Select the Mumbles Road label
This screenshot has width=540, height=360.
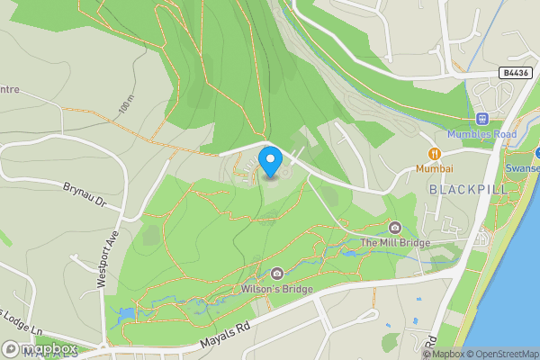coord(481,135)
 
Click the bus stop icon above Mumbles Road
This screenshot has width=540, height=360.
coord(481,119)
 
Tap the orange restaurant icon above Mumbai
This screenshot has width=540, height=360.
coord(434,153)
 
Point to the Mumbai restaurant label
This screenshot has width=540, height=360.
coord(434,168)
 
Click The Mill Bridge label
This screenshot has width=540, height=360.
coord(395,242)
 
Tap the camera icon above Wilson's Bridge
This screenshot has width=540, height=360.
coord(276,273)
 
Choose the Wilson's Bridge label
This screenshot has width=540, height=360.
coord(276,289)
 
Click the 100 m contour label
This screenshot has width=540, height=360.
coord(123,106)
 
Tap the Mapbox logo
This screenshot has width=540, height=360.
coord(40,348)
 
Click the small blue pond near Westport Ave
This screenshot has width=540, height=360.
coord(124,314)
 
